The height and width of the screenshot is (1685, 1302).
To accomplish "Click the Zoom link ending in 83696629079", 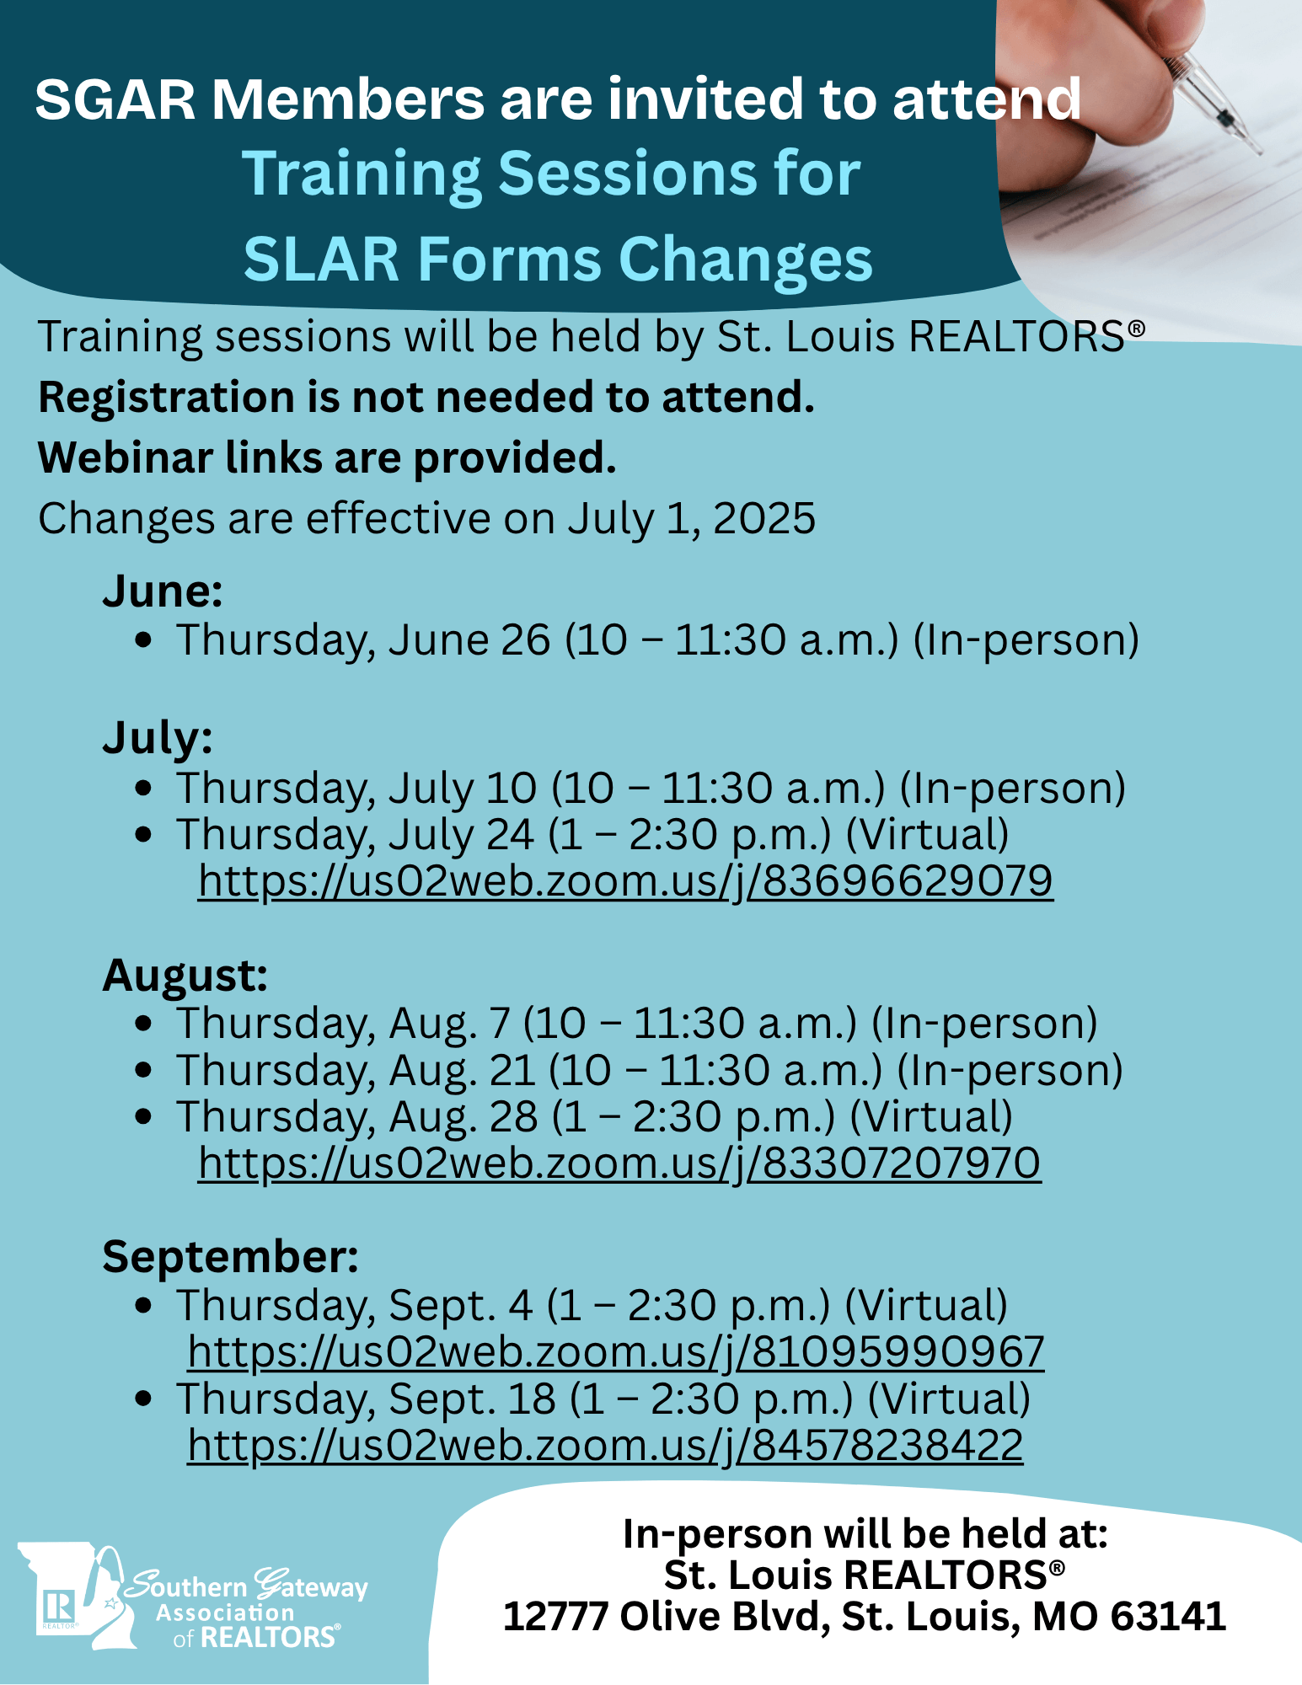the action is click(625, 881).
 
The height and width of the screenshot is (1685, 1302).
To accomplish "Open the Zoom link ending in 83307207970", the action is click(619, 1163).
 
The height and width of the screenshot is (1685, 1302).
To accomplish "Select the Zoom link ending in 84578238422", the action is click(605, 1446).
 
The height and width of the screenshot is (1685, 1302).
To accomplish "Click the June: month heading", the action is click(163, 591).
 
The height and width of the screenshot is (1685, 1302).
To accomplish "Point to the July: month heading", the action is click(158, 739).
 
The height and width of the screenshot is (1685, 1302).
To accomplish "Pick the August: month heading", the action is click(185, 976).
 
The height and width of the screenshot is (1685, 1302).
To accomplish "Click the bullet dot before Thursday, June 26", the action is click(143, 640).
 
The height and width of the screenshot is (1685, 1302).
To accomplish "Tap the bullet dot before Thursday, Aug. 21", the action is click(143, 1070).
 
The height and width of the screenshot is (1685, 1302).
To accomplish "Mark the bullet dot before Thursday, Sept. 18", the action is click(143, 1399).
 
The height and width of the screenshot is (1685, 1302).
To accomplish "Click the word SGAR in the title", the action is click(115, 99).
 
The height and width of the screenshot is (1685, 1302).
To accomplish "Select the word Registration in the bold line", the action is click(166, 398).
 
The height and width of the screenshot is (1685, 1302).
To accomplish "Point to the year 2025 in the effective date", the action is click(764, 518).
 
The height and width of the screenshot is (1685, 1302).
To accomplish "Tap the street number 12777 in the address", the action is click(555, 1616).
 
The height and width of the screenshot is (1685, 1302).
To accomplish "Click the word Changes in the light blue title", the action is click(746, 259).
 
